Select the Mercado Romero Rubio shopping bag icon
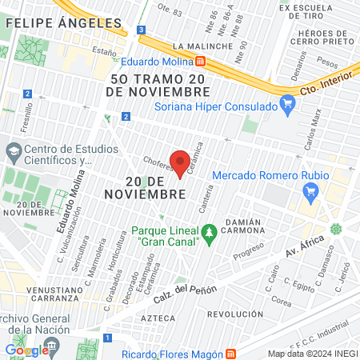click(x=312, y=191)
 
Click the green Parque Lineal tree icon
click(x=210, y=234)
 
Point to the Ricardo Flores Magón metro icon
click(x=231, y=354)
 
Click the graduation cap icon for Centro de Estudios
click(x=14, y=150)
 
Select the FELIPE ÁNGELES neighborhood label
click(x=63, y=24)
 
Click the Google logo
click(x=27, y=350)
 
